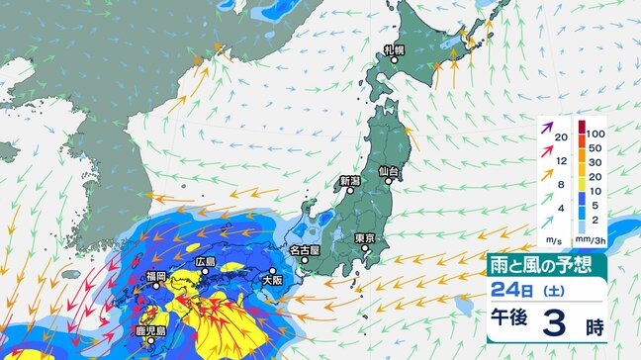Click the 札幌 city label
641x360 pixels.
[x=396, y=49]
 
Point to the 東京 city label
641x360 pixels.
[x=364, y=238]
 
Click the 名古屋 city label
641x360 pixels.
[x=305, y=251]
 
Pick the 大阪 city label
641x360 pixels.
[x=272, y=281]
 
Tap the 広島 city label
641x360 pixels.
[x=205, y=261]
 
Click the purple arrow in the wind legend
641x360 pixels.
[x=547, y=127]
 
